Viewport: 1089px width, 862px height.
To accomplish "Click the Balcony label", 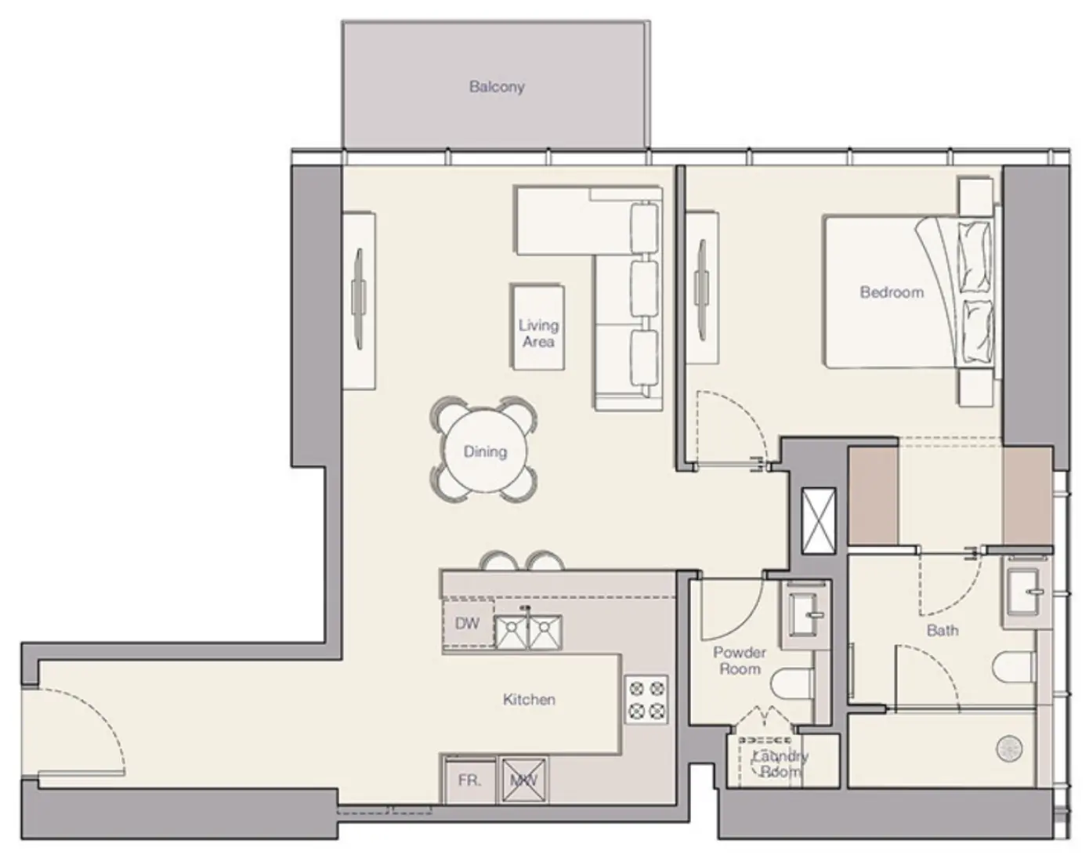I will point(497,87).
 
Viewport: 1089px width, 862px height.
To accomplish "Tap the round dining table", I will point(484,451).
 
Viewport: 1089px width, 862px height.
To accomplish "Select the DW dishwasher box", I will point(468,624).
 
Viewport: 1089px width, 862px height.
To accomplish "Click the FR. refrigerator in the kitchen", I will point(469,781).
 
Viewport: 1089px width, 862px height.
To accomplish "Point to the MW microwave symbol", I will point(523,780).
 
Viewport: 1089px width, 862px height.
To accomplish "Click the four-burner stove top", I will point(646,700).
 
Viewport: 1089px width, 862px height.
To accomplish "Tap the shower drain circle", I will point(1009,748).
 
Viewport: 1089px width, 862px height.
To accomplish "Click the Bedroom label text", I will point(892,292).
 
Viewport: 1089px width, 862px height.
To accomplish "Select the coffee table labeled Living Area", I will point(537,327).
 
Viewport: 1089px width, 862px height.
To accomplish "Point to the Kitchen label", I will point(529,699).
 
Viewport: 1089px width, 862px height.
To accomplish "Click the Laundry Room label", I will point(780,764).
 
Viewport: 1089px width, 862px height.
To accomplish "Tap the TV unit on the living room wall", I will point(360,300).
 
